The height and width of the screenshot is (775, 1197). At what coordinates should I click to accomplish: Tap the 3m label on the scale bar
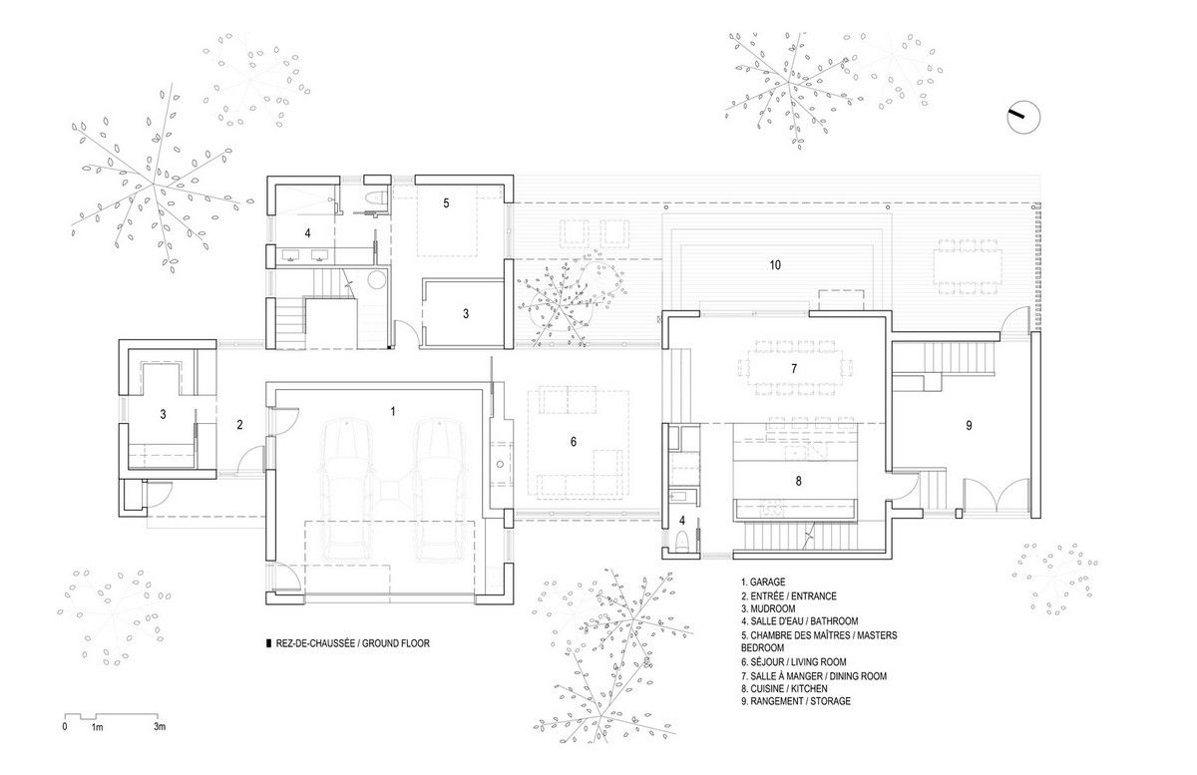tap(160, 727)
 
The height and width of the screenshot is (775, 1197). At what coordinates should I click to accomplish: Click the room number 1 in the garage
tap(393, 412)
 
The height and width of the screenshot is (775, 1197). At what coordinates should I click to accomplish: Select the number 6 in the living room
tap(574, 442)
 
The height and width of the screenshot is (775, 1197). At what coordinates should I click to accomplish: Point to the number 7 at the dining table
tap(794, 368)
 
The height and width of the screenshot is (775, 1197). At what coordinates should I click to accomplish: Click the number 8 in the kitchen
tap(798, 481)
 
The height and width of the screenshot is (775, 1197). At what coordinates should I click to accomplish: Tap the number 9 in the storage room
tap(969, 426)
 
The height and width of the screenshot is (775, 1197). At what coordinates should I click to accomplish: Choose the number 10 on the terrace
tap(775, 265)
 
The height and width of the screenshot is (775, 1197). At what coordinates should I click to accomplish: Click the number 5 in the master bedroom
tap(446, 203)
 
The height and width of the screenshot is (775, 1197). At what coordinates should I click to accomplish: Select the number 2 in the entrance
tap(240, 425)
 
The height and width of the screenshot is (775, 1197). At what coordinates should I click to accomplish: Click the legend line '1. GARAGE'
tap(763, 582)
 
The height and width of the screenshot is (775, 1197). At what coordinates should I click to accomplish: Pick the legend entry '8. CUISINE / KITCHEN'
tap(784, 689)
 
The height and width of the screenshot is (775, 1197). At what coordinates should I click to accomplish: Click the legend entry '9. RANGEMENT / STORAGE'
tap(796, 701)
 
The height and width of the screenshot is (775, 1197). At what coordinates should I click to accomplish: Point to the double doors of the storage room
tap(997, 496)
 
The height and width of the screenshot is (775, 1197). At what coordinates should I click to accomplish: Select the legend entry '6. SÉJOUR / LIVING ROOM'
tap(794, 662)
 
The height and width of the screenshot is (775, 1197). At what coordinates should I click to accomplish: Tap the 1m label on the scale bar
tap(97, 727)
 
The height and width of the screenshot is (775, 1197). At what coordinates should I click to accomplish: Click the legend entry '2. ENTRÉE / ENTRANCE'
tap(788, 595)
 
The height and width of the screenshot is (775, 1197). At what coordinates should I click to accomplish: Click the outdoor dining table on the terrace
tap(968, 267)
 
